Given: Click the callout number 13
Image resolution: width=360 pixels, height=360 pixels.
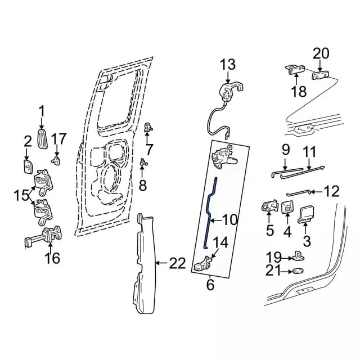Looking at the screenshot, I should pyautogui.click(x=228, y=65).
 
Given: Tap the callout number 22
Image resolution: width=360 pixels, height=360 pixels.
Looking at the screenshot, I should pyautogui.click(x=178, y=263).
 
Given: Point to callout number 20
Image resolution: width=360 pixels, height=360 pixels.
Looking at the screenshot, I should pyautogui.click(x=321, y=53).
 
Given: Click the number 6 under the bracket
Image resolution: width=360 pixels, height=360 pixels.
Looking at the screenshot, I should pyautogui.click(x=210, y=285).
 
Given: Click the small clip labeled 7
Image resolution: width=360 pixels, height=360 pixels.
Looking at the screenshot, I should pyautogui.click(x=147, y=127).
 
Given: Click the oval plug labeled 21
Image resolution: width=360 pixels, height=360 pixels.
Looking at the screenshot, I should pyautogui.click(x=298, y=272).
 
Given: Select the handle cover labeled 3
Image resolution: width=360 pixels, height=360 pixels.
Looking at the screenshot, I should pyautogui.click(x=307, y=213).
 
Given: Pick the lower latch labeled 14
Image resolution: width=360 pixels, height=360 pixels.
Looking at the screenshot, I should pyautogui.click(x=203, y=264).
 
